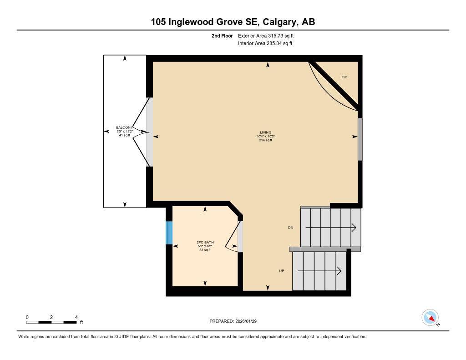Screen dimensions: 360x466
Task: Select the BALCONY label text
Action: tap(125, 127)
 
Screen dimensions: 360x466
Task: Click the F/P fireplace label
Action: tap(344, 77)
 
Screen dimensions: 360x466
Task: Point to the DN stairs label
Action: tap(290, 227)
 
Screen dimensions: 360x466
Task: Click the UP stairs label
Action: tap(282, 271)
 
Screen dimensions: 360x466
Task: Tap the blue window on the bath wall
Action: tap(169, 233)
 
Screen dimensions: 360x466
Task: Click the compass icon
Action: tap(430, 317)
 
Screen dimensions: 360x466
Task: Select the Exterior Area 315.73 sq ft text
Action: tap(269, 35)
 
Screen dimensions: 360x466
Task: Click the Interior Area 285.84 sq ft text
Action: tap(265, 44)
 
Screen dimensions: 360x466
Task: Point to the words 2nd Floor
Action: tap(222, 35)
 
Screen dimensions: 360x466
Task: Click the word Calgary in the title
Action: tap(277, 22)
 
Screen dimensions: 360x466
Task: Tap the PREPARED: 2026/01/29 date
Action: tap(236, 321)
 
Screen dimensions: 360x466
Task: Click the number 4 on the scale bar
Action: tap(76, 317)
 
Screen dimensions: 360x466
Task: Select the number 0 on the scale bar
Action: tap(27, 317)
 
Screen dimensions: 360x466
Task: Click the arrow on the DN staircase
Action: tap(331, 227)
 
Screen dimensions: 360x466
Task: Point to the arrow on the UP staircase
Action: tap(319, 271)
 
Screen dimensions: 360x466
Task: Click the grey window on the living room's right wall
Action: tap(360, 139)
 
